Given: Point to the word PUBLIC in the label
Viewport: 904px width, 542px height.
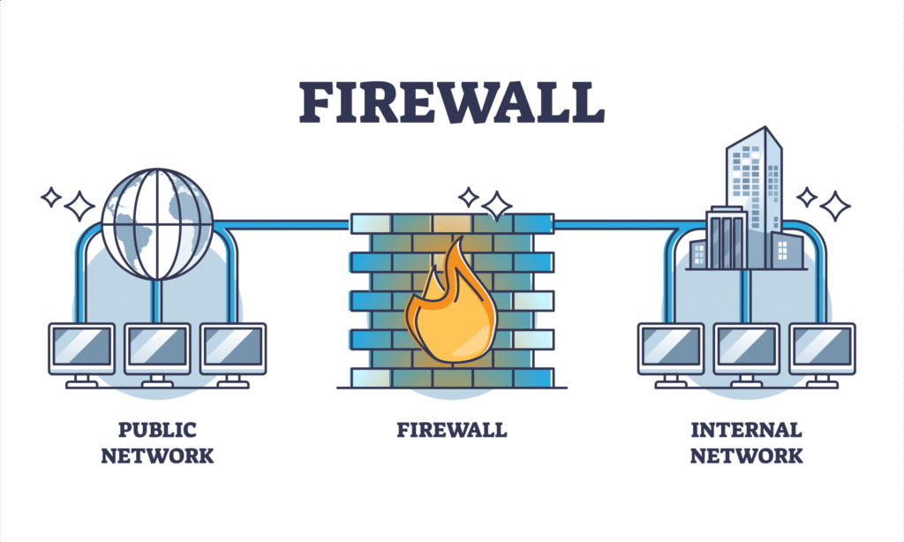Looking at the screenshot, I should (x=157, y=430).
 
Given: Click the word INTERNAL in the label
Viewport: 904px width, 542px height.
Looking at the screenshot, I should (x=746, y=430).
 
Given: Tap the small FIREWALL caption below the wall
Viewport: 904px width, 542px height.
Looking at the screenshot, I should (x=451, y=430).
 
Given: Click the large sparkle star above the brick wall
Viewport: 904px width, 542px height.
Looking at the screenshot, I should (x=496, y=205).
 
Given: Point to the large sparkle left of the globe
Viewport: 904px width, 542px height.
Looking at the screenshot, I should (x=79, y=206).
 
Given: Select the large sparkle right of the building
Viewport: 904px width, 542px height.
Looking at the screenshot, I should (x=834, y=206).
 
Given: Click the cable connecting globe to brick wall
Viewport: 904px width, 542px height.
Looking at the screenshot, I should (x=282, y=224).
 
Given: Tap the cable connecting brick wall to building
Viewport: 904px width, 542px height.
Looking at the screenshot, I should (x=618, y=224).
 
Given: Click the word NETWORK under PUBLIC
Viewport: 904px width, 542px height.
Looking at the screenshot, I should (x=157, y=455).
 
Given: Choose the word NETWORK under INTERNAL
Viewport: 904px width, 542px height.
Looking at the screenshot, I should (x=746, y=455).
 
